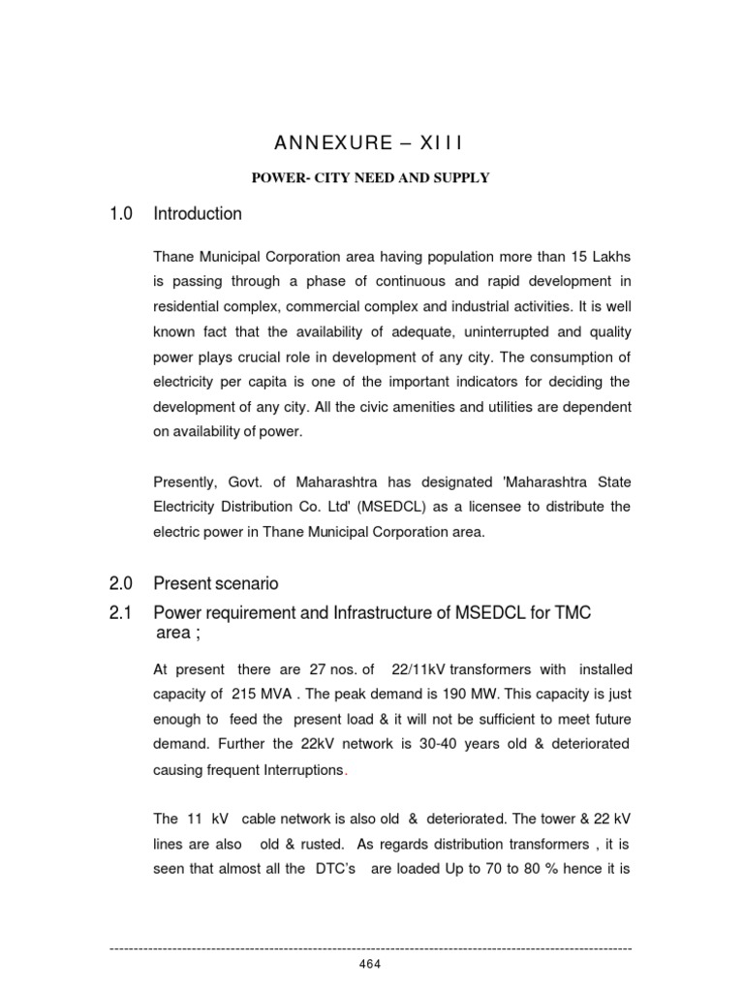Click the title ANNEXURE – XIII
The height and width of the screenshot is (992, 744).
370,143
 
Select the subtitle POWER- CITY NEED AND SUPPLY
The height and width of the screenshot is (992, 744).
371,177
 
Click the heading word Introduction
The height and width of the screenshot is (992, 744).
198,213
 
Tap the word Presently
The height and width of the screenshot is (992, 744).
186,482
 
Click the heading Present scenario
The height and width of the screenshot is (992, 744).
216,583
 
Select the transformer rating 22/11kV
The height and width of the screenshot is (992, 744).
419,668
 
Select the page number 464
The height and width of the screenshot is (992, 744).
370,963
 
